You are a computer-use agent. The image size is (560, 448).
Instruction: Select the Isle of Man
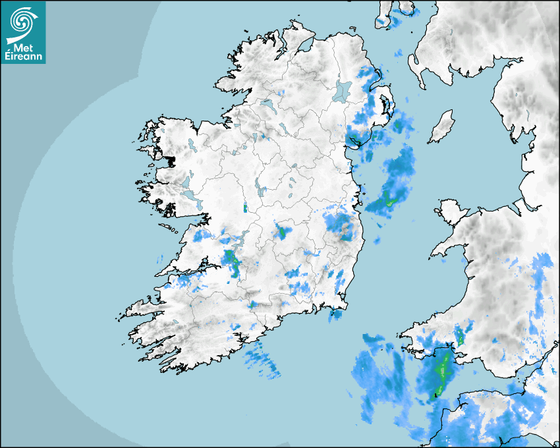442,126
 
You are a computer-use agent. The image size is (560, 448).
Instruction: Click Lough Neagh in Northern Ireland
343,90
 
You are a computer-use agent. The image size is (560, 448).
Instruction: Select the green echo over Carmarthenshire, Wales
460,338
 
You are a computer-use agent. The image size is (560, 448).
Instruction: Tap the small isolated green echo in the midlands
245,208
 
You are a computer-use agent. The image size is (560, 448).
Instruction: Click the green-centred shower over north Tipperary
283,232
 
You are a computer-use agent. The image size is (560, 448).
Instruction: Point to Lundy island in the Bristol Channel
435,396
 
